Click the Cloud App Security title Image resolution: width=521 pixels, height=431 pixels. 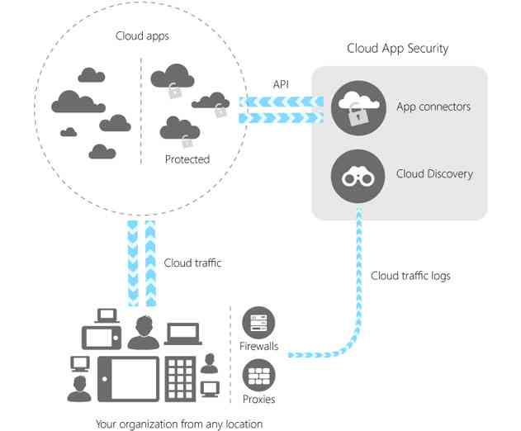tap(397, 48)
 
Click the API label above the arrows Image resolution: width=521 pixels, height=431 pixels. tap(281, 84)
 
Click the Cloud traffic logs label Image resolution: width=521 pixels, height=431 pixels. tap(410, 276)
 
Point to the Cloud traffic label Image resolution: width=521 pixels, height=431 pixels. tap(192, 263)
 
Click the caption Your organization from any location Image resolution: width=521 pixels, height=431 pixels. tap(179, 424)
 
